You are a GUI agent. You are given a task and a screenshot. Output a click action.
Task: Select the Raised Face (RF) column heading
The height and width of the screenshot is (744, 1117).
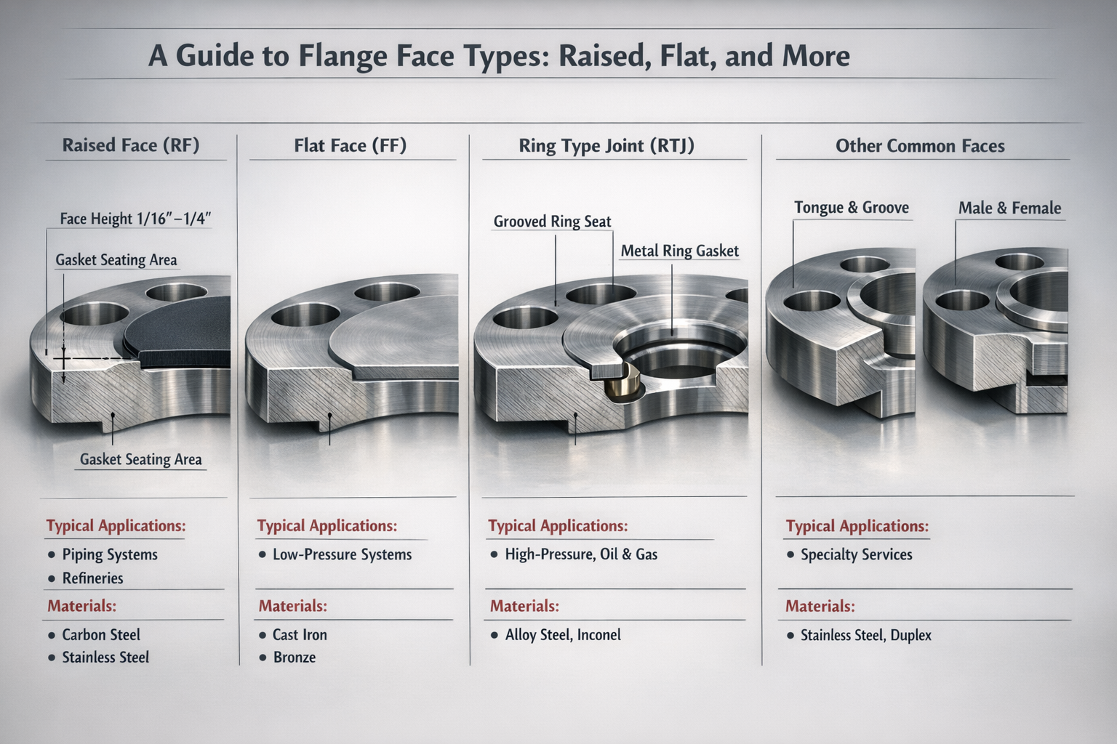click(x=131, y=145)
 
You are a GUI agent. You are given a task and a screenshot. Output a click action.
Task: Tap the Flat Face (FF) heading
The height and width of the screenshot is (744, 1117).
click(x=350, y=146)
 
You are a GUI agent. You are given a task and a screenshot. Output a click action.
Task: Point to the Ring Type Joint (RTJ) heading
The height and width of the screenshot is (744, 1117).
click(x=606, y=146)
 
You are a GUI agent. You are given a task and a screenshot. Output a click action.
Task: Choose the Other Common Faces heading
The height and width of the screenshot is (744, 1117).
click(x=920, y=146)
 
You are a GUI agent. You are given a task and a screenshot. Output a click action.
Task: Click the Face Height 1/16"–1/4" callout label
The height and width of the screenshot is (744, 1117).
click(x=135, y=219)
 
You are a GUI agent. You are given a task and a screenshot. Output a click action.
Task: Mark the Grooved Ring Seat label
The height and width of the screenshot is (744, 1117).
click(x=552, y=222)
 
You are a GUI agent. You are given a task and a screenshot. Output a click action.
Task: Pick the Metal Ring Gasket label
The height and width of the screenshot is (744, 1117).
click(x=679, y=251)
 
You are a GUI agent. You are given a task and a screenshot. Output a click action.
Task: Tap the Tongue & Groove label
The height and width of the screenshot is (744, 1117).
click(x=851, y=208)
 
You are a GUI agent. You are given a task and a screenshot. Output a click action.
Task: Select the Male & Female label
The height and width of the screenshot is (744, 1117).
click(x=1009, y=209)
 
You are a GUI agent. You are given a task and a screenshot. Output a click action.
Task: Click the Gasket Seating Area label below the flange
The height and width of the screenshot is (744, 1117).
click(x=140, y=459)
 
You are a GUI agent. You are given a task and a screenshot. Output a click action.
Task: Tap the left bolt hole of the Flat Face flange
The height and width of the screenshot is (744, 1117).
click(x=305, y=315)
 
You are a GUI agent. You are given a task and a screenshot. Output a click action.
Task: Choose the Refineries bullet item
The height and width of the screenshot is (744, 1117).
click(x=92, y=578)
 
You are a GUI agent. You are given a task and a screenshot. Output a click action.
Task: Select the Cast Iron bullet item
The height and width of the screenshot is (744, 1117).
click(x=300, y=635)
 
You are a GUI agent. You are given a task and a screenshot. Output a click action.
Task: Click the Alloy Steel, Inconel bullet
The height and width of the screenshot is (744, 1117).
click(x=563, y=635)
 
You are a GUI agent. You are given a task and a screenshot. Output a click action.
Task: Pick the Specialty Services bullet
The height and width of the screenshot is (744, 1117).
click(x=856, y=555)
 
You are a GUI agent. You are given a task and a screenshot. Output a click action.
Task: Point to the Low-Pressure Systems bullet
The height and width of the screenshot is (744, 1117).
click(x=342, y=555)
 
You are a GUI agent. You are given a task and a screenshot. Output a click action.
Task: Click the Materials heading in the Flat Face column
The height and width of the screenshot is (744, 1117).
click(x=293, y=606)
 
